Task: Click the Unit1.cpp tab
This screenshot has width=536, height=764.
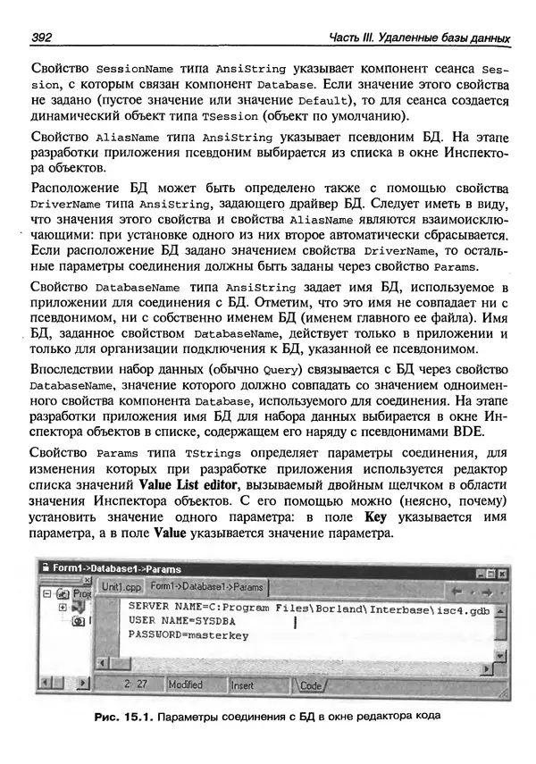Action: [120, 587]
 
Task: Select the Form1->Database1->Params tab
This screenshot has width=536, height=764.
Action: [206, 587]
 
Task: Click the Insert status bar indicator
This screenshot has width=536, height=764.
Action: [243, 684]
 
